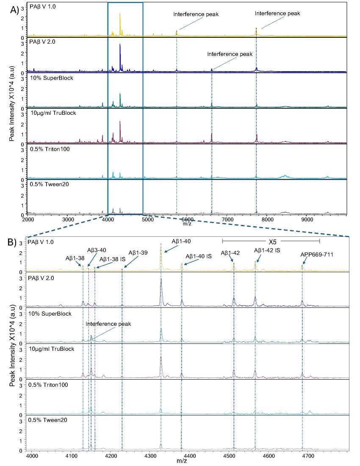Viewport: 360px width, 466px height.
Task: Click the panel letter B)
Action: pyautogui.click(x=14, y=243)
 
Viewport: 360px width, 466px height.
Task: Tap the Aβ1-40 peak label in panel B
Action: pyautogui.click(x=181, y=241)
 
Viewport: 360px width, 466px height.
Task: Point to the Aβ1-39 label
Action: pyautogui.click(x=138, y=253)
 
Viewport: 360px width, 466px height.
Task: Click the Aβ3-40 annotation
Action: pyautogui.click(x=97, y=250)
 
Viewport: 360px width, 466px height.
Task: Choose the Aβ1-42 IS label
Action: pyautogui.click(x=267, y=250)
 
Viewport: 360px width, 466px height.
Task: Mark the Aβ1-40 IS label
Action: pyautogui.click(x=200, y=256)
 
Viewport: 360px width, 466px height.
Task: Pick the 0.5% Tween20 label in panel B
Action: pyautogui.click(x=44, y=420)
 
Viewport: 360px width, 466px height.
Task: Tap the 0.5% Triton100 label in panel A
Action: pyautogui.click(x=47, y=149)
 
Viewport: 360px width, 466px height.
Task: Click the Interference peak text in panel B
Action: pyautogui.click(x=108, y=324)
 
